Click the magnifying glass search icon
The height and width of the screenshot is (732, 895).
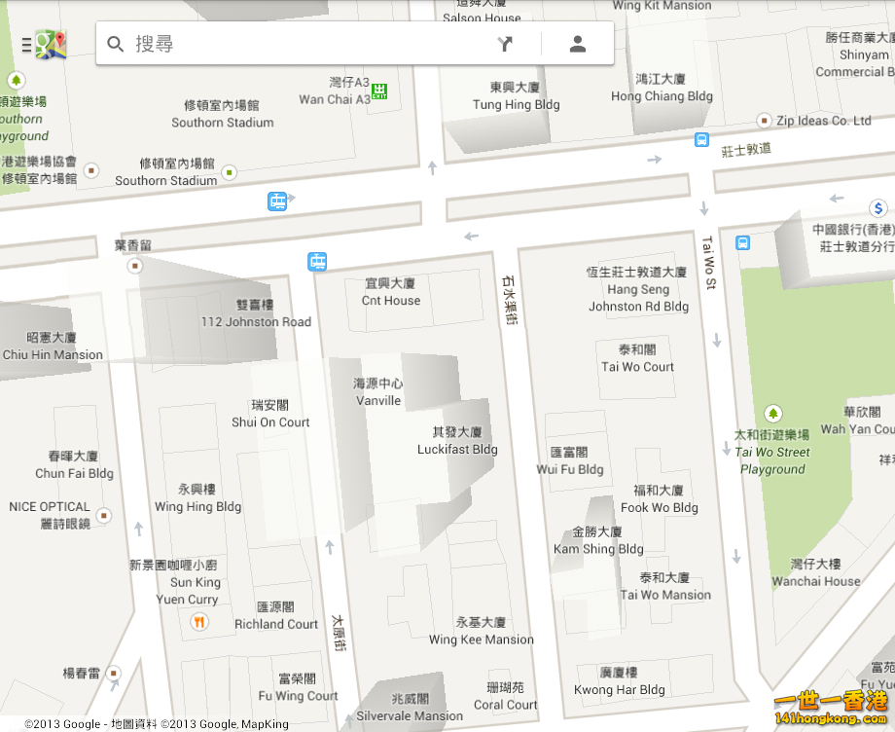[x=116, y=44]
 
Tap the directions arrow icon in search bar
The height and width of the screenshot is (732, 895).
[x=504, y=44]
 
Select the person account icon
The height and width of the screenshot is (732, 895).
[x=578, y=44]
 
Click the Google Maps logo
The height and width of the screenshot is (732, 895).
[x=51, y=44]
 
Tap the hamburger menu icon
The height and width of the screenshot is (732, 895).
[x=26, y=45]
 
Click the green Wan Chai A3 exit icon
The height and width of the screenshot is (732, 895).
[x=379, y=91]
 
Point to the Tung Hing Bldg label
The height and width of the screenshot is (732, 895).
[x=516, y=104]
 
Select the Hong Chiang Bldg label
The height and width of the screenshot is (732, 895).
[x=662, y=96]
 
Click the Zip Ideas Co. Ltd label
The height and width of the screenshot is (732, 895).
[x=823, y=121]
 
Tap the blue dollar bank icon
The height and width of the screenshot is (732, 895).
[x=877, y=207]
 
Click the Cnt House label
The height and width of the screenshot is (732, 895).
[x=390, y=301]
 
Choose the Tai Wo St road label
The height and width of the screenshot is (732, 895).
[x=708, y=263]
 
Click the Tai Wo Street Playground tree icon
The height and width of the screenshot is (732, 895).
[x=773, y=414]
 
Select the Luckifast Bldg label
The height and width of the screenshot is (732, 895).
[x=457, y=449]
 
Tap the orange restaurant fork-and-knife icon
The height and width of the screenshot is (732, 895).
[x=199, y=622]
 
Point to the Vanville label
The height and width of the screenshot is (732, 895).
[x=378, y=400]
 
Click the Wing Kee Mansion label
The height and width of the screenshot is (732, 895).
[x=481, y=640]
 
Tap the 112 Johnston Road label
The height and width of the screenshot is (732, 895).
[x=256, y=321]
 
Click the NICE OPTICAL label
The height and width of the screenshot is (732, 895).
[x=50, y=506]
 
